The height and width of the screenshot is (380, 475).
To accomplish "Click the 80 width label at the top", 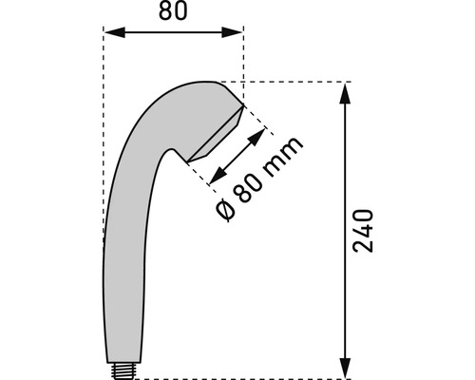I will point(174,13).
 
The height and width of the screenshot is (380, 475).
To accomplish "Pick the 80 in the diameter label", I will point(248,185).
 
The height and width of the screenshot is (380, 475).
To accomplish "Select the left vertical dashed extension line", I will point(103,142).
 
